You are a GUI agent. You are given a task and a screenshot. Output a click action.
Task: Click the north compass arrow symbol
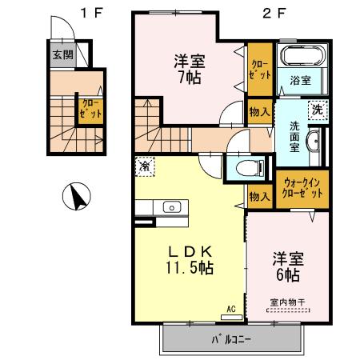click(x=76, y=196)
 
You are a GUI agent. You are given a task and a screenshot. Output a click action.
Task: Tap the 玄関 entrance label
click(x=62, y=56)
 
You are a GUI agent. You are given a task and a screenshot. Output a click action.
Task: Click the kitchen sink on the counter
click(x=172, y=207)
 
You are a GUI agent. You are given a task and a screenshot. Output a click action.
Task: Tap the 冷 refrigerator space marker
click(x=145, y=167)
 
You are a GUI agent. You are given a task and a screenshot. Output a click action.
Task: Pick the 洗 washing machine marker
click(x=318, y=110)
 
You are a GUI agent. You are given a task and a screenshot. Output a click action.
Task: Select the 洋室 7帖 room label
click(x=189, y=68)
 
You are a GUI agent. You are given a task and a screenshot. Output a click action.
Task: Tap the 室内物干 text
click(x=286, y=302)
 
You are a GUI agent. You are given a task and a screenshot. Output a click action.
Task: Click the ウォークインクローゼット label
click(x=302, y=189)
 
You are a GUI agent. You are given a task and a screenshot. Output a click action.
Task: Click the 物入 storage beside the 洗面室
click(x=258, y=113)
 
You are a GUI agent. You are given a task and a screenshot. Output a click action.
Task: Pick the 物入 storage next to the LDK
click(x=258, y=195)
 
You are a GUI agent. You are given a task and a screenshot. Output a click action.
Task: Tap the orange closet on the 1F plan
click(x=89, y=110)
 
